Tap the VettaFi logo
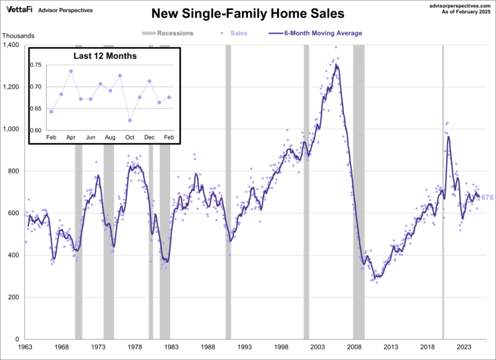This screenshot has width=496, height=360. [x=19, y=10]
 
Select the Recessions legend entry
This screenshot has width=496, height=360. [x=169, y=32]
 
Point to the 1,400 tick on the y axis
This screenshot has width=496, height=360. [x=13, y=45]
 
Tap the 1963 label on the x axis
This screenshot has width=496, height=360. [x=25, y=347]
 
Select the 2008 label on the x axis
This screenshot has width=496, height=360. [x=355, y=347]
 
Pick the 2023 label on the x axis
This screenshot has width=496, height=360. [x=465, y=347]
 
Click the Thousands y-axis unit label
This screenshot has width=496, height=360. [x=18, y=36]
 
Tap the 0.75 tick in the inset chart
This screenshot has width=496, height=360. [x=35, y=65]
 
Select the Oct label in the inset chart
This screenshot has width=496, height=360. [x=130, y=136]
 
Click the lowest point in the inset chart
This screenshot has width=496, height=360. [x=130, y=120]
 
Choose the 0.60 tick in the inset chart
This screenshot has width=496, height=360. [x=35, y=130]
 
